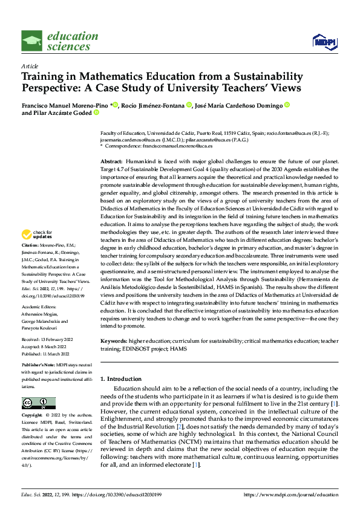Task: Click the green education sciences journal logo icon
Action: coord(32,41)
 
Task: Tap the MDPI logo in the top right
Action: coord(323,41)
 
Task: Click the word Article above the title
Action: coord(29,66)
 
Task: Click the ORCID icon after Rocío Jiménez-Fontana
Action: coord(189,105)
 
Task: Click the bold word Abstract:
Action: coord(111,163)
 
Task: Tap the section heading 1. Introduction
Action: coord(120,379)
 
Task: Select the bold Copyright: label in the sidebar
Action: coord(32,416)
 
